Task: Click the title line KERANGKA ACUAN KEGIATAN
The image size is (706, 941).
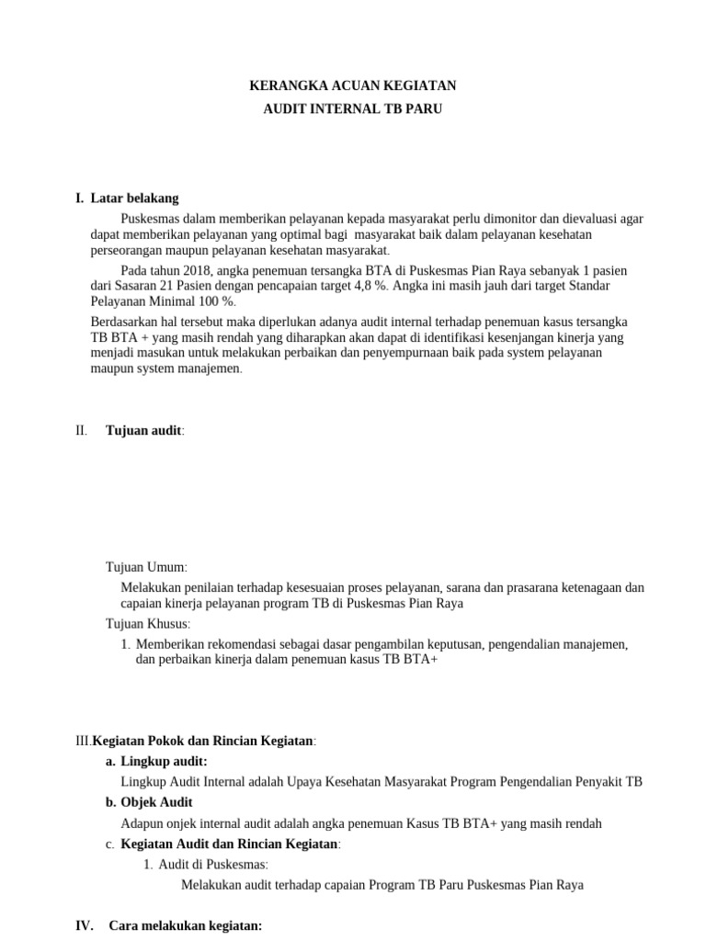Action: pyautogui.click(x=353, y=86)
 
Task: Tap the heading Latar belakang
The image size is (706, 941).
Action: pyautogui.click(x=134, y=198)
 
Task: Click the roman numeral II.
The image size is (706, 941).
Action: pyautogui.click(x=81, y=431)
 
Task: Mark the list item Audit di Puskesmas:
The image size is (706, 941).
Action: pyautogui.click(x=213, y=865)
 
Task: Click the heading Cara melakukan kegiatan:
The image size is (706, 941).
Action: pyautogui.click(x=186, y=926)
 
